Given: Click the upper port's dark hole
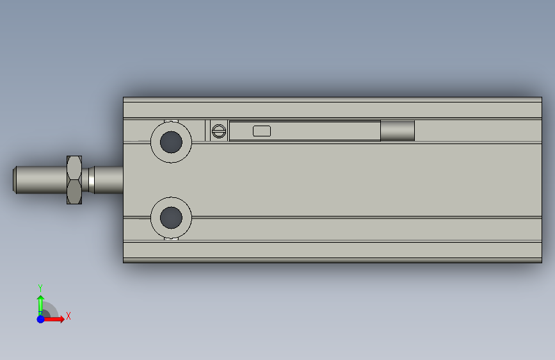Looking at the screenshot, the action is (x=171, y=142).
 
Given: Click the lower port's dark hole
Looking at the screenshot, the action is (x=171, y=218).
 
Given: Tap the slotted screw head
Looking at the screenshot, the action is (x=219, y=131).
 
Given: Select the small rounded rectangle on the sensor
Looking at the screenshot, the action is (x=262, y=131).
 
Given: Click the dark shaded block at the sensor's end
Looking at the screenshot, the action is (x=398, y=131).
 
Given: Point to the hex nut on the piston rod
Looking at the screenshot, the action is (x=74, y=180).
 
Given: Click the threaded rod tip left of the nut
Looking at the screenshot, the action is (x=40, y=180).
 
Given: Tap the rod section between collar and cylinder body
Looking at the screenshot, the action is (x=109, y=180).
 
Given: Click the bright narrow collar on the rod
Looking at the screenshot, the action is (x=92, y=180).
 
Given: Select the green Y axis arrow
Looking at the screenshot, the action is (x=41, y=305).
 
